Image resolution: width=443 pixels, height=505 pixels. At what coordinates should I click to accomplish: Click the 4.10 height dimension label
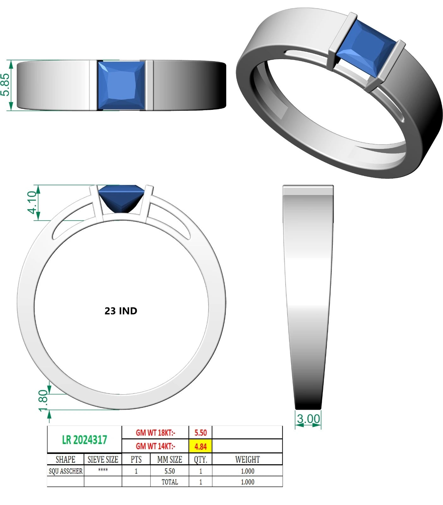point(33,202)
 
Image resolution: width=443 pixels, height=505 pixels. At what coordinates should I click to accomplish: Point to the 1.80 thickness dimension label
point(43,401)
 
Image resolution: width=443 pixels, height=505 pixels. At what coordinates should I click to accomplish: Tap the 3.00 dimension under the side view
point(308,419)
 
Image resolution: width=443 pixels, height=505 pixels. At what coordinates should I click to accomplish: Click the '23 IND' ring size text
point(121,311)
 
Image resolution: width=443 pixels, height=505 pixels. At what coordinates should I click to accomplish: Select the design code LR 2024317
point(85,440)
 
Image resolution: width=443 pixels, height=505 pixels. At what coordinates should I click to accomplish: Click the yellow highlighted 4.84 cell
point(201,447)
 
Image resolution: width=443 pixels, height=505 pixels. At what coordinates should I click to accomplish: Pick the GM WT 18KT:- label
point(155,433)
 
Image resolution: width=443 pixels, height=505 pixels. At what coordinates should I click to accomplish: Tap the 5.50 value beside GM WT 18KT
point(201,433)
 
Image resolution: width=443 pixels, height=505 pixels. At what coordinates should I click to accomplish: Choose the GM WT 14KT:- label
point(155,446)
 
